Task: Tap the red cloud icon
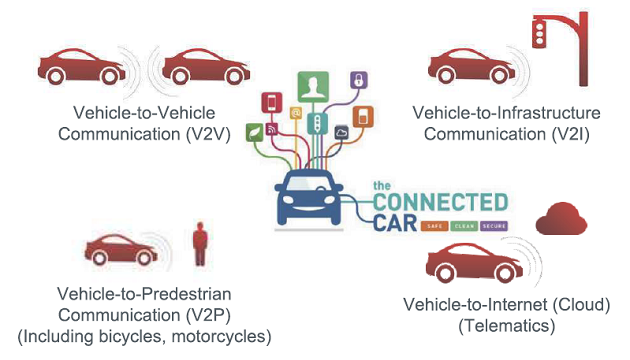558,221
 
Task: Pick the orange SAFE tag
433,226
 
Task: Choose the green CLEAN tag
464,226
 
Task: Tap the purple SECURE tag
495,226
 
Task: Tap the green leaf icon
255,131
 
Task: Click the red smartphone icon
270,103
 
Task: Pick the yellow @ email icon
295,113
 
